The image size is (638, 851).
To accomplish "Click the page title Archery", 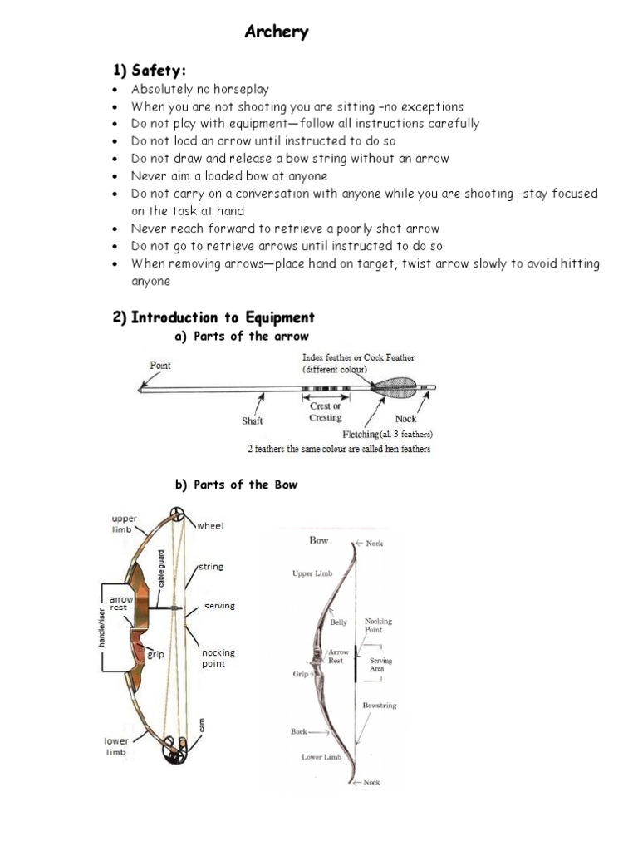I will [277, 32].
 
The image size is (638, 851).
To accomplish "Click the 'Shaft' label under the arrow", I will [253, 421].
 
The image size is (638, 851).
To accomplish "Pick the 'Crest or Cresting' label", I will [325, 411].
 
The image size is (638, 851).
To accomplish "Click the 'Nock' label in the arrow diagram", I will [405, 420].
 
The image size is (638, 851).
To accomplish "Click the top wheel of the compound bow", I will [177, 514].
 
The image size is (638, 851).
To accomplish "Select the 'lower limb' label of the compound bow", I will [115, 745].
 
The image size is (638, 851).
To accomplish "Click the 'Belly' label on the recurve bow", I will [339, 622].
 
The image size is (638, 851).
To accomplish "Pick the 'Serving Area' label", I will [380, 665].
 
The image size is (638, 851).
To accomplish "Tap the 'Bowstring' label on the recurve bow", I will [380, 706].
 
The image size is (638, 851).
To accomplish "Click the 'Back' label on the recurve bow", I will [298, 732].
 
